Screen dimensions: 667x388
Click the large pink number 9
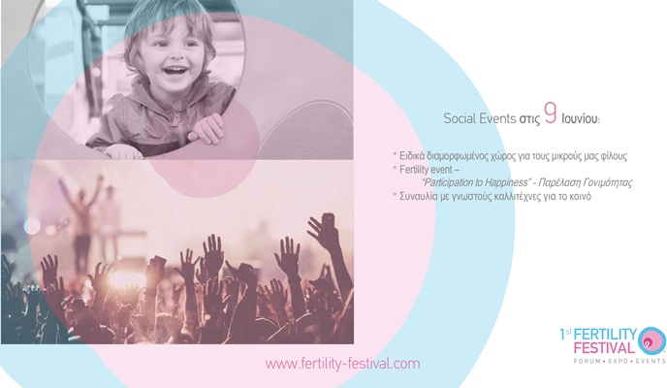[551, 113]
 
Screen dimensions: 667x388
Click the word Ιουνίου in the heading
[581, 119]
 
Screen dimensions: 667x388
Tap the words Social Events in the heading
[479, 118]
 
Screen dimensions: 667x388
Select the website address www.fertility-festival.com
[342, 364]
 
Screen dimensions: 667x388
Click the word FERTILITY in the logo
[605, 335]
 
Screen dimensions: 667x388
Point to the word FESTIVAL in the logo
[604, 348]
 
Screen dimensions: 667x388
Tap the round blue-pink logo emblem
[652, 340]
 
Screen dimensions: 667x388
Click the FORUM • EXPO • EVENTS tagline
[619, 361]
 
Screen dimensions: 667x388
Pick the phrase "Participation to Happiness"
[476, 182]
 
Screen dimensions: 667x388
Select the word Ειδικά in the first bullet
[412, 156]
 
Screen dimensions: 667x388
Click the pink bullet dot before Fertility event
[395, 167]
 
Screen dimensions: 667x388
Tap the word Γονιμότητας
[608, 182]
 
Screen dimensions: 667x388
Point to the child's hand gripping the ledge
[207, 128]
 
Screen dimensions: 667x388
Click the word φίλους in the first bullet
[615, 156]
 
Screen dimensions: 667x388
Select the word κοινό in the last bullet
[580, 196]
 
